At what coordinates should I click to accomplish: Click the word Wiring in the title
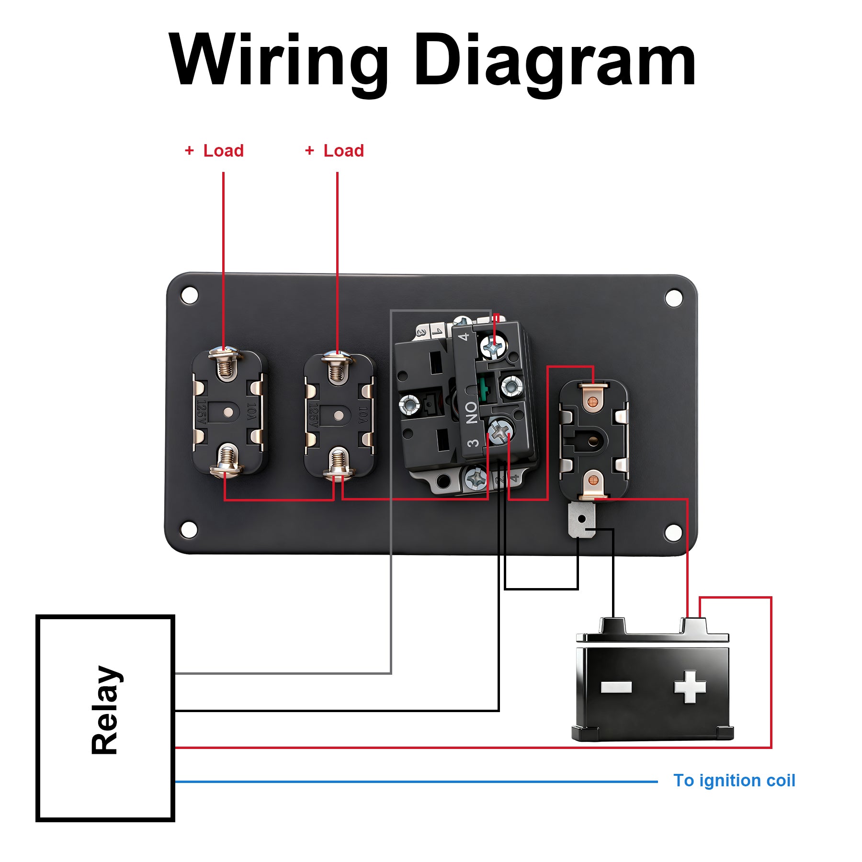click(x=278, y=61)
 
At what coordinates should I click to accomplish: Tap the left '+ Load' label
click(x=215, y=150)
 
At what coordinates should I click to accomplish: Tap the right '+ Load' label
click(x=335, y=150)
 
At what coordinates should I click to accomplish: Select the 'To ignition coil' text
click(x=734, y=780)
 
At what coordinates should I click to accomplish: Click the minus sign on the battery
click(x=616, y=687)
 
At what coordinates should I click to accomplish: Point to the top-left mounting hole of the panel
click(x=190, y=295)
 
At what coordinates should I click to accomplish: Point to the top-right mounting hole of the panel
click(x=674, y=297)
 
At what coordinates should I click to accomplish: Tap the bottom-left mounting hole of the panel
click(x=188, y=529)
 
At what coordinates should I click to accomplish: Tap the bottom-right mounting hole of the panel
click(x=673, y=532)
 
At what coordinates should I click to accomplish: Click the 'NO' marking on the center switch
click(x=472, y=412)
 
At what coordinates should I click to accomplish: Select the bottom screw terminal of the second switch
click(x=338, y=465)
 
